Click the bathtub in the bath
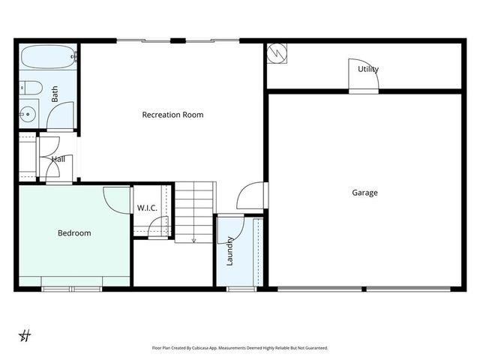pyautogui.click(x=47, y=57)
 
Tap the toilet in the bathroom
pyautogui.click(x=29, y=87)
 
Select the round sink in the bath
pyautogui.click(x=28, y=114)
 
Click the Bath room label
pyautogui.click(x=55, y=94)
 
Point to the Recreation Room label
pyautogui.click(x=172, y=115)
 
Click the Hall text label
pyautogui.click(x=58, y=159)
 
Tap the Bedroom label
pyautogui.click(x=74, y=233)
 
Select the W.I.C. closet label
pyautogui.click(x=147, y=208)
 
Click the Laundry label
pyautogui.click(x=230, y=250)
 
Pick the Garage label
pyautogui.click(x=364, y=193)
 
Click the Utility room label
pyautogui.click(x=367, y=70)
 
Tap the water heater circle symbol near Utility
pyautogui.click(x=276, y=53)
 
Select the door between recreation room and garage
pyautogui.click(x=252, y=196)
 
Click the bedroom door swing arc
pyautogui.click(x=117, y=199)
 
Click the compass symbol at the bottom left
pyautogui.click(x=25, y=335)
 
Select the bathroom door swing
pyautogui.click(x=60, y=116)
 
